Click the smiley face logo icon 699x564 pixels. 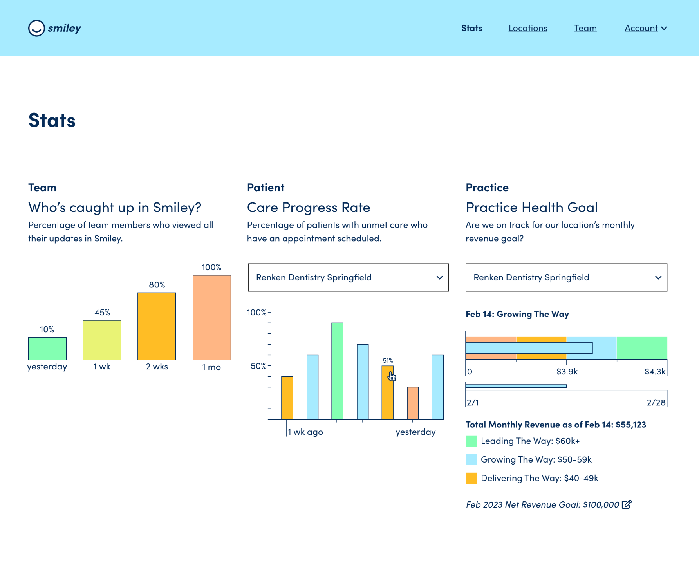point(36,28)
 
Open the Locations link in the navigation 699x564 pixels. point(527,28)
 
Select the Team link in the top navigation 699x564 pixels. point(585,28)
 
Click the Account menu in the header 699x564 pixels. point(645,28)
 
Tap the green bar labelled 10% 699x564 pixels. point(47,348)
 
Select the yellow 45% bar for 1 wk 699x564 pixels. point(102,340)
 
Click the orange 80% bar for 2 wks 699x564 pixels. point(157,326)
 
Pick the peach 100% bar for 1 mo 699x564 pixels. point(211,317)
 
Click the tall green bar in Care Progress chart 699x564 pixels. point(337,371)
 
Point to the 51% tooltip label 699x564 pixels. point(388,360)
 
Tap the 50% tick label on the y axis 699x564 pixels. point(258,366)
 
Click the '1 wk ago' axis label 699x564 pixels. point(305,432)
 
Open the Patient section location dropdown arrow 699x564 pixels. point(439,278)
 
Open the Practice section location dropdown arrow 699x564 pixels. point(658,278)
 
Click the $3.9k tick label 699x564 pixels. point(567,371)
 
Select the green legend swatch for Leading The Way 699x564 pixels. point(471,441)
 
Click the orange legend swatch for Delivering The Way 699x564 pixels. point(471,478)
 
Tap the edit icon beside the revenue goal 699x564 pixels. point(627,504)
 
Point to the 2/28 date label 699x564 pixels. point(656,403)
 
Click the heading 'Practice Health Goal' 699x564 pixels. point(531,208)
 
